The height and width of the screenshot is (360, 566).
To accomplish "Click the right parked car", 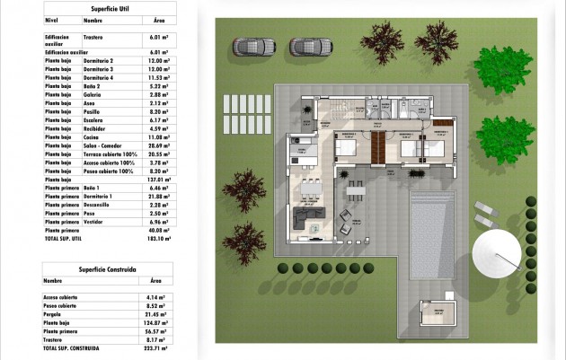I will (311, 46).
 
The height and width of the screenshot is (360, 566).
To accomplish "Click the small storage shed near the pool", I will (438, 316).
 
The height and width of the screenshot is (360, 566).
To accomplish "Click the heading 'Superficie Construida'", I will (109, 268).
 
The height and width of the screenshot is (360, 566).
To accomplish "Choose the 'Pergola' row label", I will (54, 315).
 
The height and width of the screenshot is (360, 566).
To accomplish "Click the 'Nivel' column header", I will (51, 19).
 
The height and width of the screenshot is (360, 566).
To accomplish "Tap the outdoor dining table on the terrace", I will (356, 193).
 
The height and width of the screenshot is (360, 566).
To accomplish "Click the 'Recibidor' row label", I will (95, 128).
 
